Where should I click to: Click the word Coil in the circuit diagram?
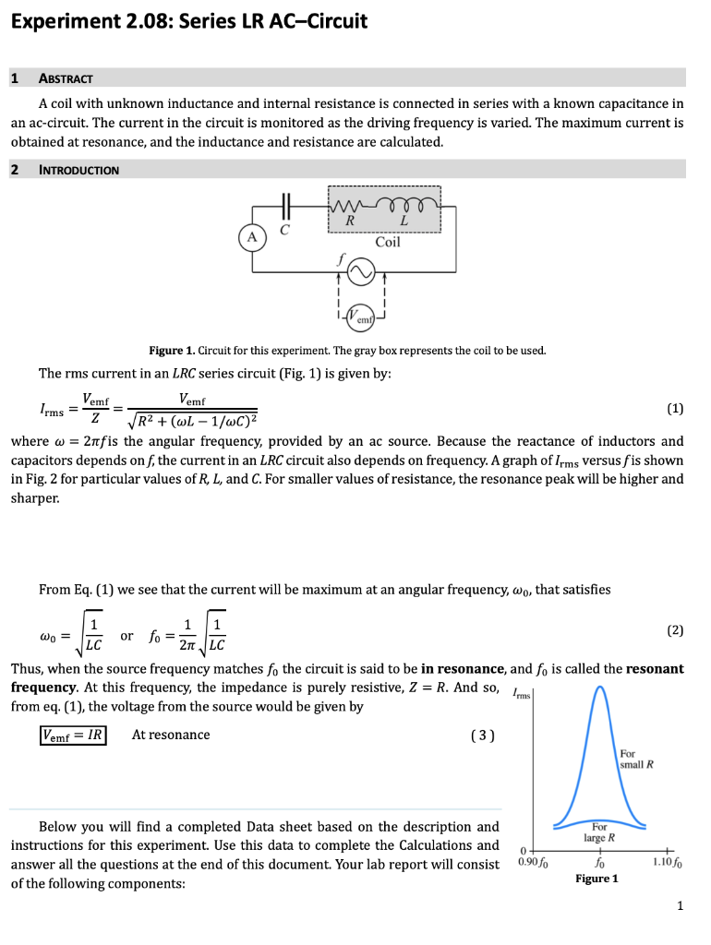pos(388,242)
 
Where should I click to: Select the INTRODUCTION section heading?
pos(78,170)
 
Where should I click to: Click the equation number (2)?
pos(675,630)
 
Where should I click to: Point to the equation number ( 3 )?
pos(482,736)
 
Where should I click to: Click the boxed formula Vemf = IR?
pos(73,736)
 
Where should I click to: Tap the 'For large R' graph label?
pos(600,832)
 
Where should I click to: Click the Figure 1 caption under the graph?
pos(596,879)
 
